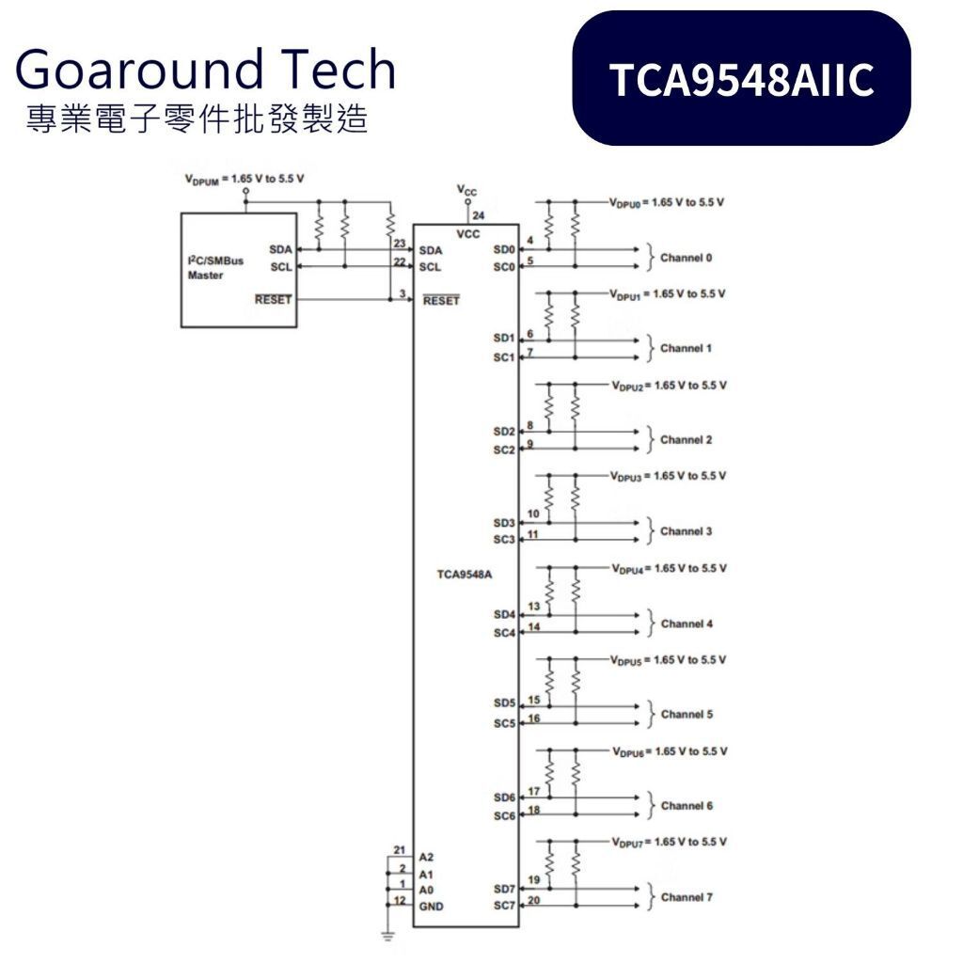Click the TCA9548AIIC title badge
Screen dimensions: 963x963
click(741, 79)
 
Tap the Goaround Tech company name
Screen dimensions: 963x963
click(205, 70)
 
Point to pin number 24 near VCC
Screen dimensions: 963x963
click(479, 215)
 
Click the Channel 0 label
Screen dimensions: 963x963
click(687, 258)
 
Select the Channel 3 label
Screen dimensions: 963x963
click(687, 531)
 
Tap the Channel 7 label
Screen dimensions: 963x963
click(687, 897)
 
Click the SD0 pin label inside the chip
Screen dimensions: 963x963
click(504, 250)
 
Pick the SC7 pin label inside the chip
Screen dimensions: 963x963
click(504, 906)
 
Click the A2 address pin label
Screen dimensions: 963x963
click(427, 857)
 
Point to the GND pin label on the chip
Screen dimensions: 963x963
click(431, 906)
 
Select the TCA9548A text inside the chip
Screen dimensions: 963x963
click(465, 574)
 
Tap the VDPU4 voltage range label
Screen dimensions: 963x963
click(669, 568)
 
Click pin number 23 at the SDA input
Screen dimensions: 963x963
click(400, 244)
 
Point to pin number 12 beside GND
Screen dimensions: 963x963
click(400, 900)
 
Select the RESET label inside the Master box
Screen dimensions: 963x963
click(273, 300)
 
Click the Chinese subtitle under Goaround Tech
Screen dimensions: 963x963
click(197, 119)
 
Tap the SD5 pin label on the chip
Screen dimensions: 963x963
click(504, 703)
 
